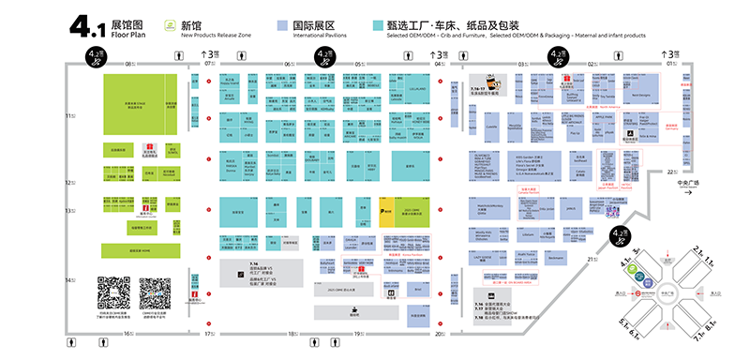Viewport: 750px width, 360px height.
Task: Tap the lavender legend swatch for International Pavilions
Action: coord(282,25)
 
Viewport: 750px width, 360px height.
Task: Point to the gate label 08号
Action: coord(130,64)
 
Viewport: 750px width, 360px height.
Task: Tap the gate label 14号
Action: coord(69,280)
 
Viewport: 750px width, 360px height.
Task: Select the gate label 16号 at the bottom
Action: coord(128,333)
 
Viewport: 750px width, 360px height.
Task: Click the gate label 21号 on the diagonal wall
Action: coord(592,259)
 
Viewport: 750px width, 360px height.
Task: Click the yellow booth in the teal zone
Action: coord(387,213)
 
